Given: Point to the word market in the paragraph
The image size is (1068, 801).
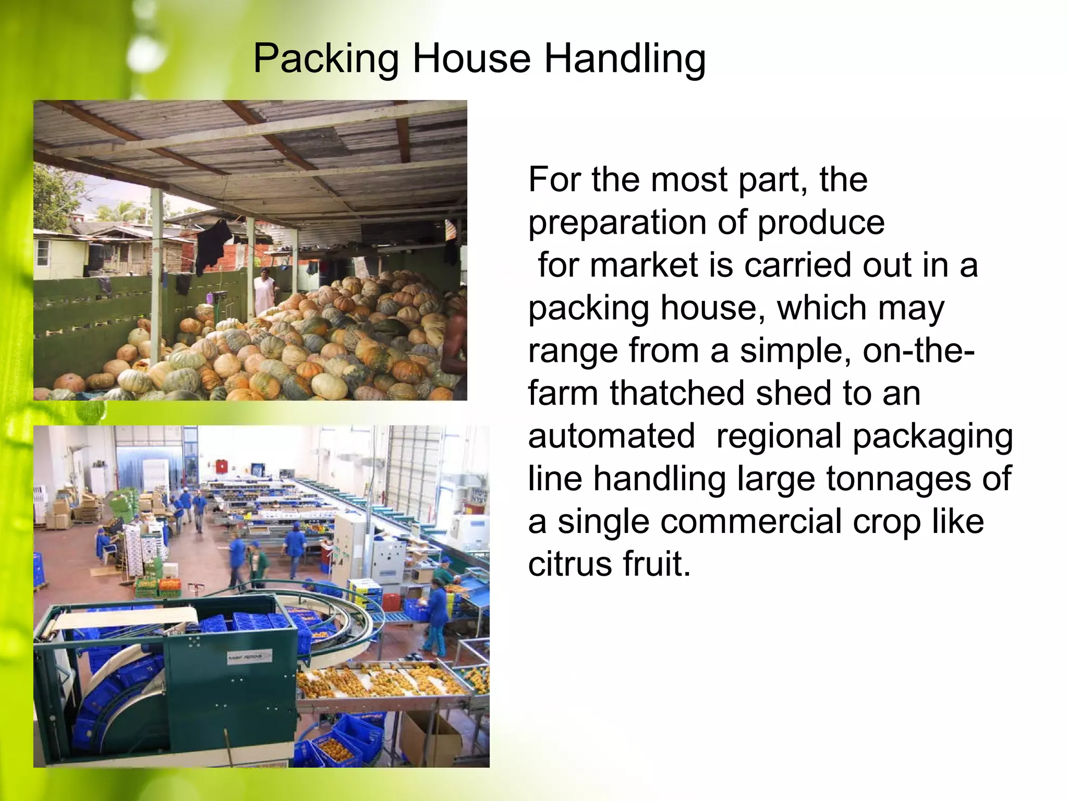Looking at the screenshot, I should pos(644,265).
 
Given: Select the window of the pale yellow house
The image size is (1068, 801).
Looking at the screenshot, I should pos(43,251).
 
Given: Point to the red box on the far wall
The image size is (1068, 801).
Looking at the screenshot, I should pos(223,466).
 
